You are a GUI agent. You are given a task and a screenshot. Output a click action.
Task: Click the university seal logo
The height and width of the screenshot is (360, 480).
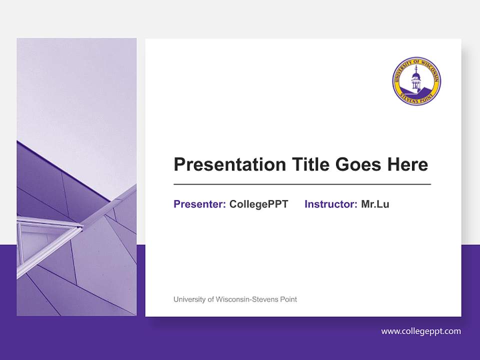[416, 80]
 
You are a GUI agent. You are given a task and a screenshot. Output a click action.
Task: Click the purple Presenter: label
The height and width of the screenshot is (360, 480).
[199, 204]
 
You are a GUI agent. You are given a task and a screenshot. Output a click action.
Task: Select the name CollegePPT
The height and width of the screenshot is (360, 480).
[258, 204]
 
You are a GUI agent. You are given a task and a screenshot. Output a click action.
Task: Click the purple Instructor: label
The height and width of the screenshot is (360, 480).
[330, 204]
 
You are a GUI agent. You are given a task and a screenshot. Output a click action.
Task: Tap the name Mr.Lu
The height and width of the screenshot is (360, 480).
[375, 204]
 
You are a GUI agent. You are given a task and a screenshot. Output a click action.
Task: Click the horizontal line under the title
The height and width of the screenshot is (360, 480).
[302, 184]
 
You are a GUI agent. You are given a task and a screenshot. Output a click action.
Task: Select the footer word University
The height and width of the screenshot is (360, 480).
[189, 299]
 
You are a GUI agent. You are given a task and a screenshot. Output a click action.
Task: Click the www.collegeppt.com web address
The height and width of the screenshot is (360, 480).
[421, 331]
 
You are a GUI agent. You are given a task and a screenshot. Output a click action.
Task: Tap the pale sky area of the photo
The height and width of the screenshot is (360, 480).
[75, 90]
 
